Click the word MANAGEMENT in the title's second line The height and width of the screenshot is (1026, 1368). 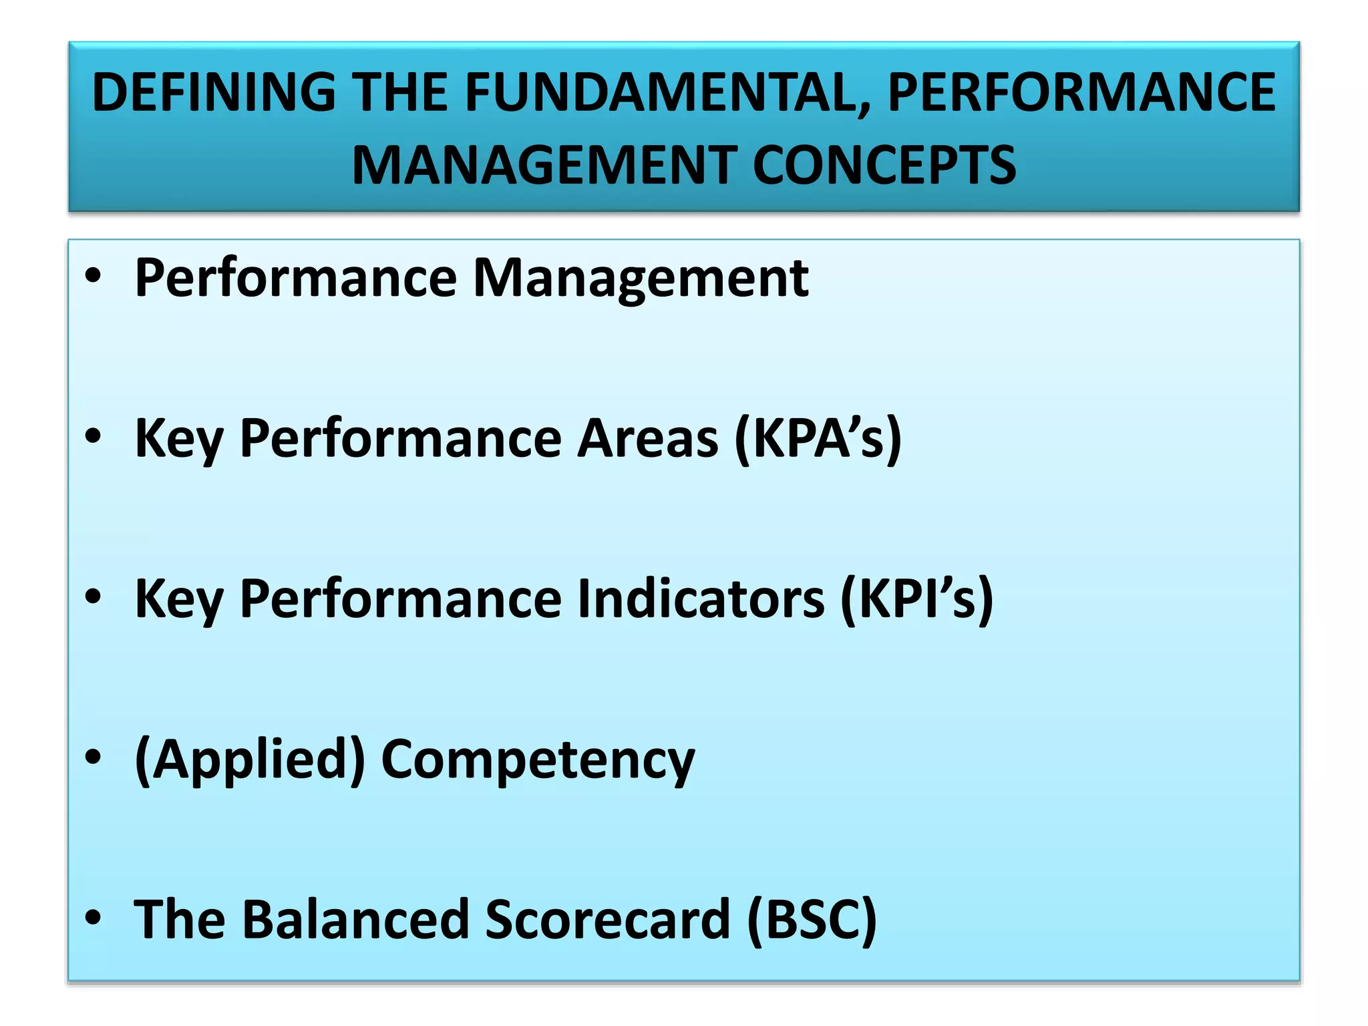[544, 166]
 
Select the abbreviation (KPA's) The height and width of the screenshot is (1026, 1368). [818, 438]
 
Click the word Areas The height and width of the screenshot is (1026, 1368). [647, 438]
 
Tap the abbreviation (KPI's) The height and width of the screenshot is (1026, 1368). [916, 598]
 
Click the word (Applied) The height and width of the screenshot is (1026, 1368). [250, 759]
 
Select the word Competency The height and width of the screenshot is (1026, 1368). [538, 759]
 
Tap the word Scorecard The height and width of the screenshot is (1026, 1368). [607, 919]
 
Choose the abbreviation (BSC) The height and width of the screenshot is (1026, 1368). [812, 919]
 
